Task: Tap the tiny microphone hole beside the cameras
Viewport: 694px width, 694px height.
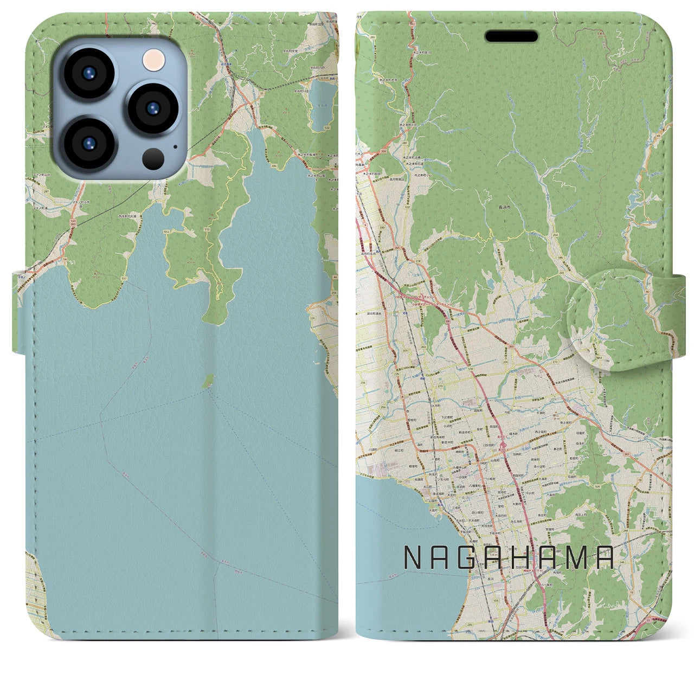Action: [x=175, y=145]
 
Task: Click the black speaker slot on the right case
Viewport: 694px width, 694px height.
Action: [x=511, y=36]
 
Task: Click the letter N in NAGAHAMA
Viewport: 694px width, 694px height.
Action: [x=412, y=557]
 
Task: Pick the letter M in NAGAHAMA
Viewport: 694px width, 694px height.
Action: [x=577, y=557]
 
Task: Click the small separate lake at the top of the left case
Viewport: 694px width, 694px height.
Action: [x=323, y=100]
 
